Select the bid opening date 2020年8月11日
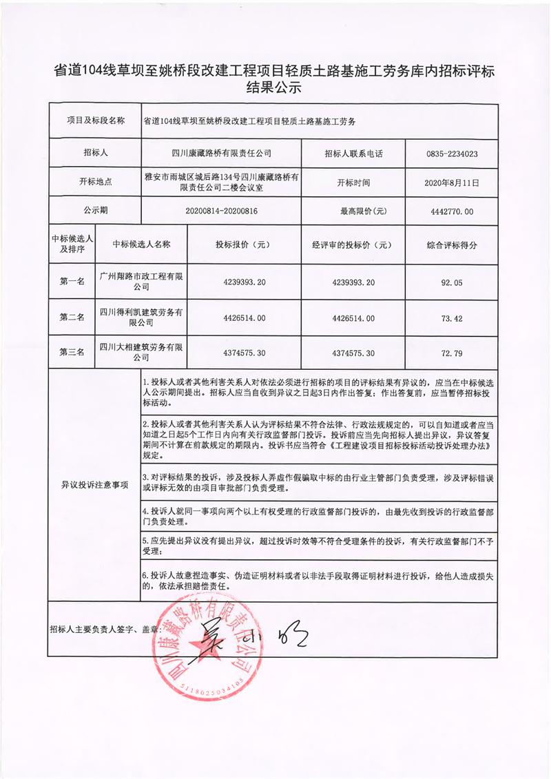452,183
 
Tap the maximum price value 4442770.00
452,211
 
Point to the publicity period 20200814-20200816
222,211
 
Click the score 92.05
452,282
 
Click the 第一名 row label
72,282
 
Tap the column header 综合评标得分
452,245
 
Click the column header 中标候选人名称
141,245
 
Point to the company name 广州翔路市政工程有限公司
141,282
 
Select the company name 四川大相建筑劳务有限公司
141,353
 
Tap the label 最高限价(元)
353,211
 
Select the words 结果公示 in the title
275,88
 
